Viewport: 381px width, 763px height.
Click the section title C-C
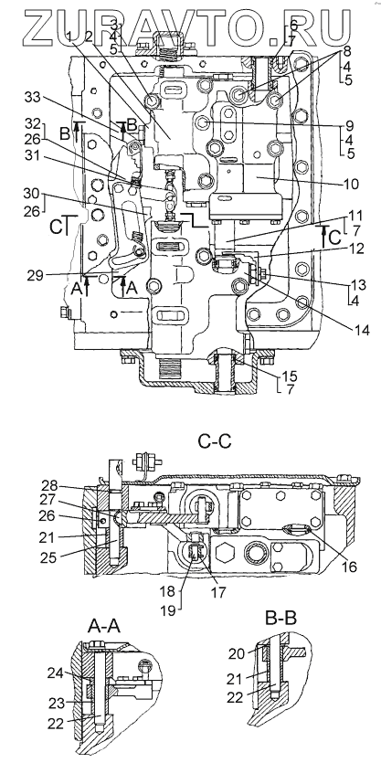tap(214, 440)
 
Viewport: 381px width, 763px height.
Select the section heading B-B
tap(281, 618)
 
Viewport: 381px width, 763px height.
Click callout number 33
tap(33, 99)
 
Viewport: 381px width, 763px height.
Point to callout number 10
tap(350, 185)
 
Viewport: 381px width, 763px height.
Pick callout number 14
tap(361, 332)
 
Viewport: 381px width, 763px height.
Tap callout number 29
tap(34, 276)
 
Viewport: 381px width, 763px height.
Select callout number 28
tap(49, 485)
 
